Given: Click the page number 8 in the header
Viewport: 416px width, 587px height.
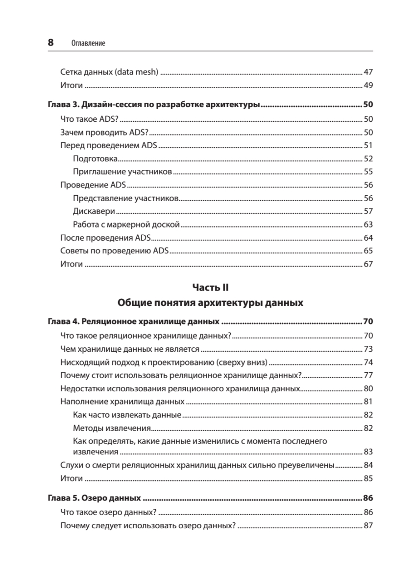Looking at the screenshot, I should coord(50,43).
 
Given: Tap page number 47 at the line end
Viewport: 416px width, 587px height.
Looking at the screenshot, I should coord(368,72).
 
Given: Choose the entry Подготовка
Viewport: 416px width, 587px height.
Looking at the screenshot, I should coord(95,158).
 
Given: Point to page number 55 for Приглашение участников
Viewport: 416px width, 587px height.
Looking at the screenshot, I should coord(368,172).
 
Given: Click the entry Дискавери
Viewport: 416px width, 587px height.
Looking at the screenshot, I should coord(94,211).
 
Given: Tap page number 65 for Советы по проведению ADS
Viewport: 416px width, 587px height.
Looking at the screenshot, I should coord(368,251).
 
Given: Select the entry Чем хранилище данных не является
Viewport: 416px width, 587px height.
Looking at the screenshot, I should coord(129,349).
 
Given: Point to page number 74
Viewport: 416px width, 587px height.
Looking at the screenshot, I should coord(368,362).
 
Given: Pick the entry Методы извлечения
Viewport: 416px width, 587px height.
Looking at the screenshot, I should coord(111,428).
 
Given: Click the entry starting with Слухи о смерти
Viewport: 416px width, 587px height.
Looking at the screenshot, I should coord(197,465).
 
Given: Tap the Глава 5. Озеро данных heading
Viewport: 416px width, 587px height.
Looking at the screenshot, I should coord(95,498).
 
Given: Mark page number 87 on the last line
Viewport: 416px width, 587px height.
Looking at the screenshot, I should coord(368,526).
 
